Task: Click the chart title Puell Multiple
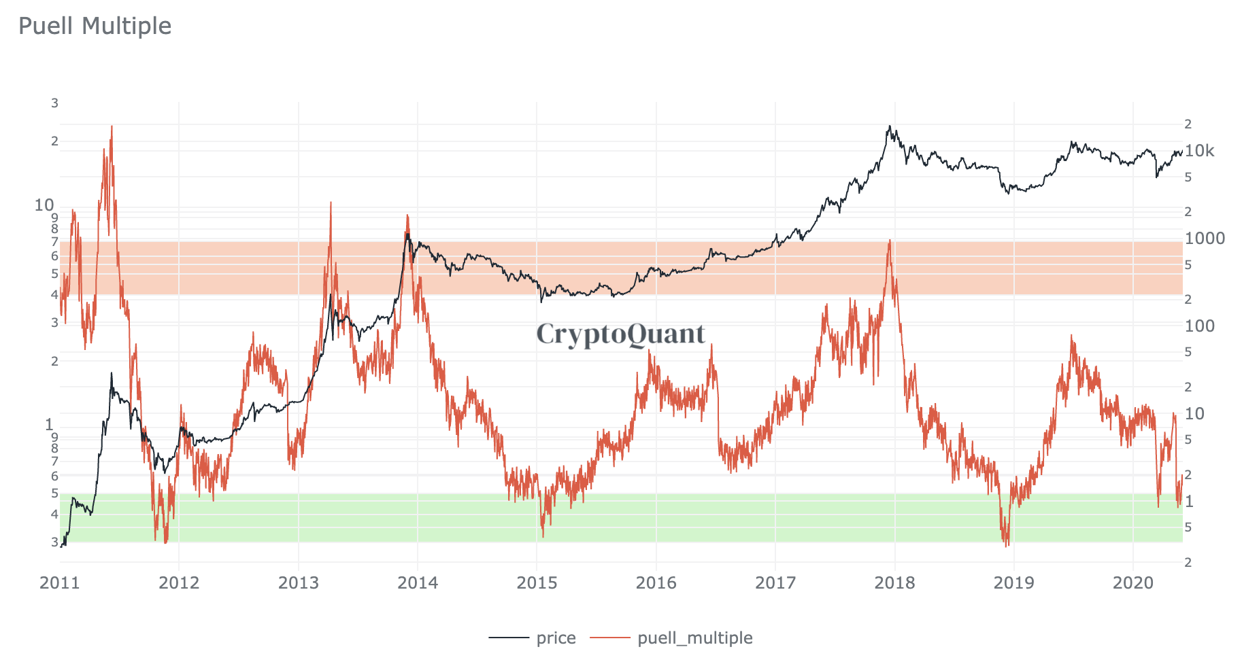click(x=95, y=26)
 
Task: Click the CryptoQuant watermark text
click(x=620, y=334)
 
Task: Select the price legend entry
click(x=555, y=638)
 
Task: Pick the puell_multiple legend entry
click(x=694, y=638)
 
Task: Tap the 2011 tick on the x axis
click(x=60, y=583)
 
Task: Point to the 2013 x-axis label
click(x=299, y=583)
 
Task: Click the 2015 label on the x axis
click(x=537, y=583)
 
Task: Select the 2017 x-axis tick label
click(x=775, y=583)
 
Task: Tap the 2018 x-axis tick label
click(x=894, y=583)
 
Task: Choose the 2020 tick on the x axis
click(x=1133, y=583)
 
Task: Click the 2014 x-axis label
click(x=418, y=583)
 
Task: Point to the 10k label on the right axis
click(x=1199, y=151)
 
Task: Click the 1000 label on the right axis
click(x=1205, y=239)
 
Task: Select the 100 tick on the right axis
click(x=1200, y=326)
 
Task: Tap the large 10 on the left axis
click(x=44, y=205)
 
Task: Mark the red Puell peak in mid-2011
click(x=112, y=127)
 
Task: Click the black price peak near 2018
click(x=889, y=126)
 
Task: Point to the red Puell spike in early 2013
click(x=331, y=203)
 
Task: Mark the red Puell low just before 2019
click(x=1006, y=544)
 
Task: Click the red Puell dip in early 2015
click(x=543, y=534)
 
